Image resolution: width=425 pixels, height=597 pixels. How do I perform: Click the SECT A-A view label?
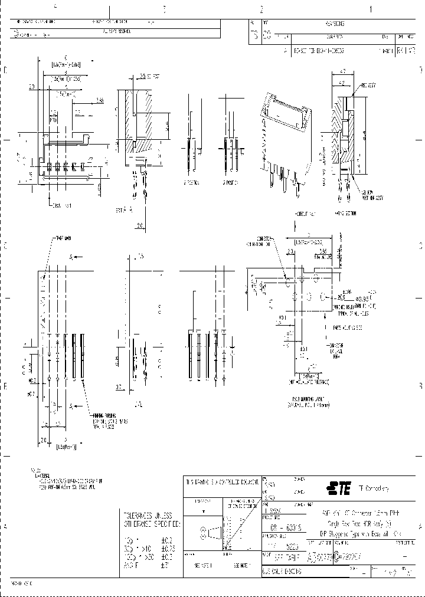pos(123,209)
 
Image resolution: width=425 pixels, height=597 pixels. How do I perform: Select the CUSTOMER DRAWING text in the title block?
pos(283,572)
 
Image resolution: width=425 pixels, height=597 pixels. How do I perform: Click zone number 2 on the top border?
pos(260,9)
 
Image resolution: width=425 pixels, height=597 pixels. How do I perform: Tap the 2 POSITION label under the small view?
pos(190,183)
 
